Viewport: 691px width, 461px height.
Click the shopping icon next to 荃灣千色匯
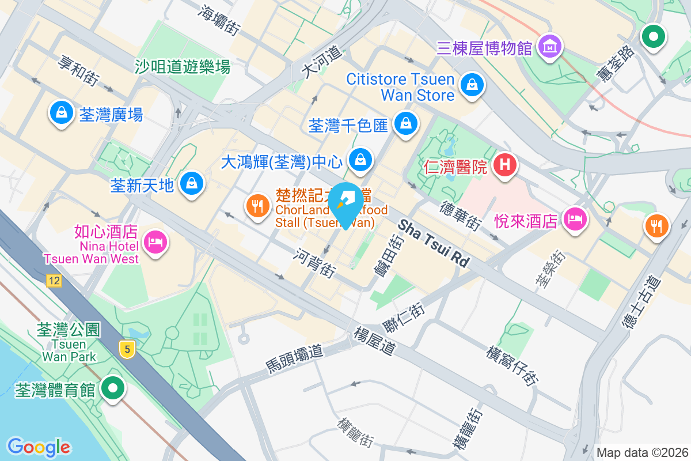(x=407, y=123)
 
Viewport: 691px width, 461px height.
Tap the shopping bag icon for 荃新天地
(x=190, y=184)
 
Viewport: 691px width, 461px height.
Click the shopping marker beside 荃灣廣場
(x=61, y=112)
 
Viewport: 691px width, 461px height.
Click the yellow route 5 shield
(x=127, y=349)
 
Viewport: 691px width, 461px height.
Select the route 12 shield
(x=54, y=281)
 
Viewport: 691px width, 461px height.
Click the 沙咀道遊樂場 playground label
(x=183, y=67)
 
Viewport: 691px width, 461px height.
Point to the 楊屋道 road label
(x=375, y=341)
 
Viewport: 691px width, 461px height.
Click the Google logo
(x=39, y=447)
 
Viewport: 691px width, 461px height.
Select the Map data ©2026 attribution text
(x=642, y=452)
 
